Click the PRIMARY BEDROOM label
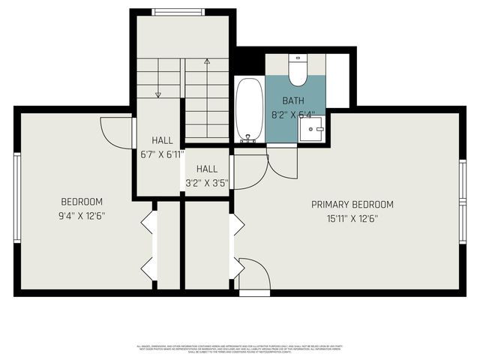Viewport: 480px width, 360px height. coord(352,204)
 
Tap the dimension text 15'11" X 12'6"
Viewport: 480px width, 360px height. coord(352,219)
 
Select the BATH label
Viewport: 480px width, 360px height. coord(293,100)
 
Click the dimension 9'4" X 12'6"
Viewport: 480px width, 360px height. coord(82,216)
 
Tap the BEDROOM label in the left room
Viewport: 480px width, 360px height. coord(82,202)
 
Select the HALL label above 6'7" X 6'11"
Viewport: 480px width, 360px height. coord(162,140)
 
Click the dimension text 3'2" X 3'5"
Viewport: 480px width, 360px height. coord(207,182)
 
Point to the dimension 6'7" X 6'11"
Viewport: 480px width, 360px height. coord(162,154)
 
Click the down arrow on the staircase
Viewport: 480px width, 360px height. coord(158,94)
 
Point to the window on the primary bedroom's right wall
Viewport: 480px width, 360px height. coord(463,198)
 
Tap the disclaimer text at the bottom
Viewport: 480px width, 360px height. coord(240,348)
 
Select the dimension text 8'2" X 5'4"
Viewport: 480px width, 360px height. coord(293,115)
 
